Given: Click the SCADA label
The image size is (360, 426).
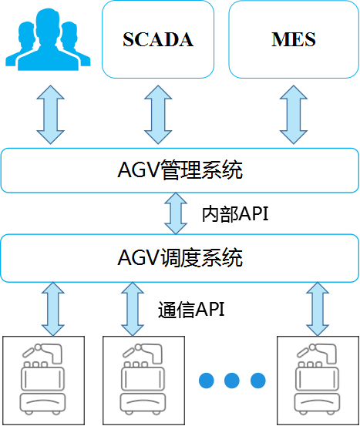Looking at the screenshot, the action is pyautogui.click(x=158, y=39).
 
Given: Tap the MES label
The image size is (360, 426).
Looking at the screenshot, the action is pyautogui.click(x=294, y=39).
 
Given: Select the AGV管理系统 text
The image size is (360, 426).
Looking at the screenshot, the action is pyautogui.click(x=180, y=170).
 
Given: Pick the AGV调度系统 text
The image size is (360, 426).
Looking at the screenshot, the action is pyautogui.click(x=180, y=257).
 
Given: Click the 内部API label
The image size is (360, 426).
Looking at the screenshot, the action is pyautogui.click(x=235, y=214).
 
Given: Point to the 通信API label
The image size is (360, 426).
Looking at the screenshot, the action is pyautogui.click(x=191, y=310).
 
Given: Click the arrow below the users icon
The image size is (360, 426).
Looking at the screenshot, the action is pyautogui.click(x=51, y=115).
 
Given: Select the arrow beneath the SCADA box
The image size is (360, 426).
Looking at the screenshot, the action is pyautogui.click(x=158, y=115).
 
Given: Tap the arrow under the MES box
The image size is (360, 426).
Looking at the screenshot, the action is pyautogui.click(x=294, y=115).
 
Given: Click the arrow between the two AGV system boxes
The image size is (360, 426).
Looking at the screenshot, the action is pyautogui.click(x=176, y=213).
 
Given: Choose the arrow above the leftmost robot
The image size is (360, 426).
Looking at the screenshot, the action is pyautogui.click(x=53, y=309).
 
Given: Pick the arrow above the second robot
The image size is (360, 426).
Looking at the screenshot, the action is pyautogui.click(x=133, y=309).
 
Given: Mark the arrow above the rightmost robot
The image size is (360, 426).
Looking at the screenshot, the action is pyautogui.click(x=318, y=309).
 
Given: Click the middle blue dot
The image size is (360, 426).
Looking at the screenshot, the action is pyautogui.click(x=232, y=381).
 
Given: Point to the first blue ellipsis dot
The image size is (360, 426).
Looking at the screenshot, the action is pyautogui.click(x=207, y=381).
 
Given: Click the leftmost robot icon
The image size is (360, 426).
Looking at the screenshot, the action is pyautogui.click(x=42, y=379).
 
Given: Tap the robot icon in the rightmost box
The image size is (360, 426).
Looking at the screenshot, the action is pyautogui.click(x=318, y=379).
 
